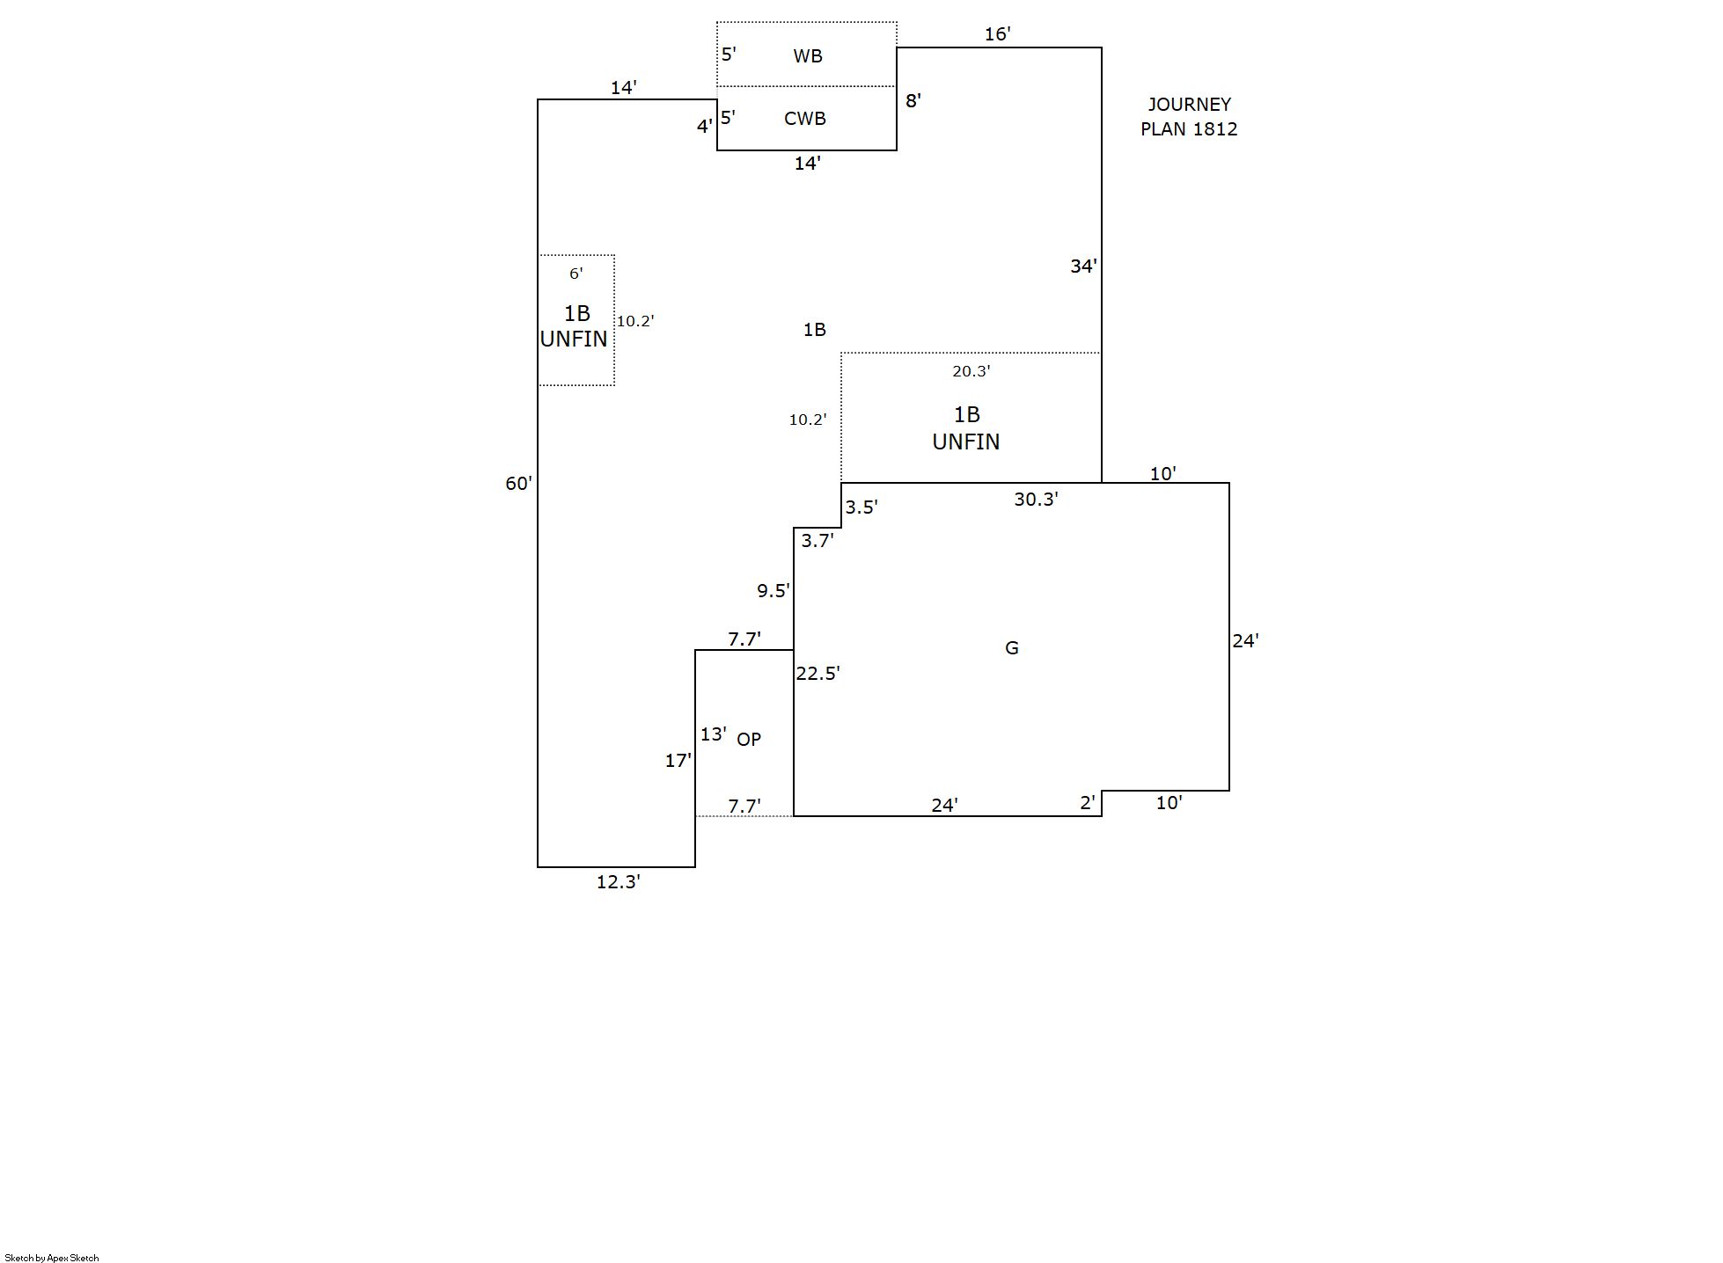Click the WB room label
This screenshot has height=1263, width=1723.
pos(807,56)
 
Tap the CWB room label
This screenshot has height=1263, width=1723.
pos(804,119)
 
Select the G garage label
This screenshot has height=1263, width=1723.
pos(1011,648)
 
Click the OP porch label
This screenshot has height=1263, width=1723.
pos(748,740)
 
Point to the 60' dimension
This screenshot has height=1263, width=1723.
pos(518,484)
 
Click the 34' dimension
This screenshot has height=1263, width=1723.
pos(1083,266)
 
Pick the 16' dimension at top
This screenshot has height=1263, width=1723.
pos(997,34)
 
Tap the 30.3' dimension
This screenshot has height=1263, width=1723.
pos(1036,500)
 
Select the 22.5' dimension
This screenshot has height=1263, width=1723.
pos(818,674)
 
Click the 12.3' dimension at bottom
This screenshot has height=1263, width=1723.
pos(618,882)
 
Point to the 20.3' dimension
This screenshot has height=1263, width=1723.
pos(971,371)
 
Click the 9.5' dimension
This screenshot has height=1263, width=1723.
pos(773,591)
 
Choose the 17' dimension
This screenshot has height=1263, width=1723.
pos(678,761)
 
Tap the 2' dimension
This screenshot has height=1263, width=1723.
pos(1088,802)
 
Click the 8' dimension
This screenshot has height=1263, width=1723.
pos(913,101)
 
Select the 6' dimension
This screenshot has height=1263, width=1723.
pos(576,274)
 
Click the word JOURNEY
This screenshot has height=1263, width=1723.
pos(1189,105)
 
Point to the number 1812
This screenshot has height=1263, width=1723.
pos(1214,129)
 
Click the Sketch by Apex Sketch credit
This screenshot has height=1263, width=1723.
pos(52,1258)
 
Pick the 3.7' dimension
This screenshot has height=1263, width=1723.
pos(817,541)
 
